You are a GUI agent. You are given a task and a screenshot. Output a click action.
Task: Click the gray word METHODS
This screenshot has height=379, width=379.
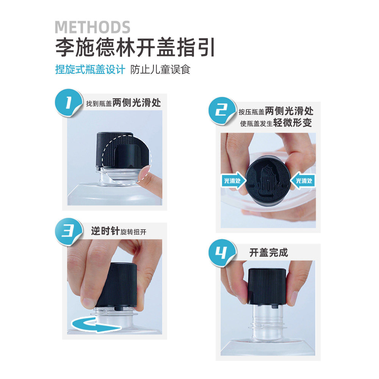pyautogui.click(x=92, y=27)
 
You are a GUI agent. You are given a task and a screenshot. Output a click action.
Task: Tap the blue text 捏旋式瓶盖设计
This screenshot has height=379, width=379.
pyautogui.click(x=90, y=70)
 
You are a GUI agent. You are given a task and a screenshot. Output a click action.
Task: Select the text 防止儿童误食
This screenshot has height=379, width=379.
pyautogui.click(x=160, y=70)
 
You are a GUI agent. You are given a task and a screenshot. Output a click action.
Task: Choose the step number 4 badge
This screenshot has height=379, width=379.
pyautogui.click(x=222, y=252)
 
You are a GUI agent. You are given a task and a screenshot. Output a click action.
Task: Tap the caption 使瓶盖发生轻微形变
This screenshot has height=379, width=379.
pyautogui.click(x=276, y=123)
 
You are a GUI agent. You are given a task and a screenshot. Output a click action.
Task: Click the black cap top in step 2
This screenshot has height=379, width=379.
pyautogui.click(x=268, y=180)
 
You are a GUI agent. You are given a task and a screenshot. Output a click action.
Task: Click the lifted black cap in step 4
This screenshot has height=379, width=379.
pyautogui.click(x=267, y=286)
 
